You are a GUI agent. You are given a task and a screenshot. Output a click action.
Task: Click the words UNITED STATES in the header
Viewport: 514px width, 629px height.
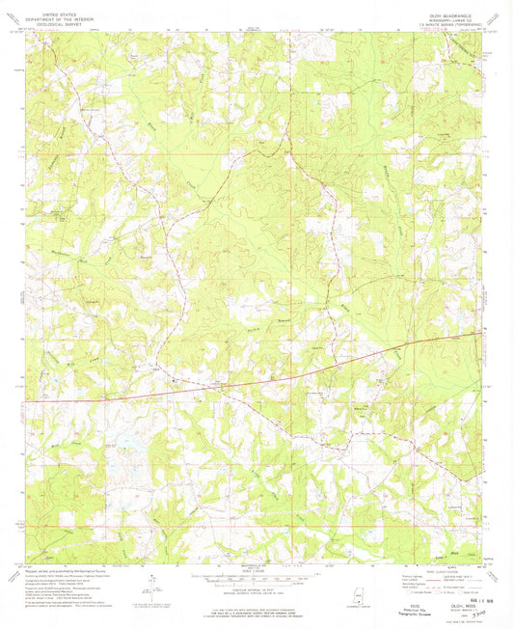point(57,14)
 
